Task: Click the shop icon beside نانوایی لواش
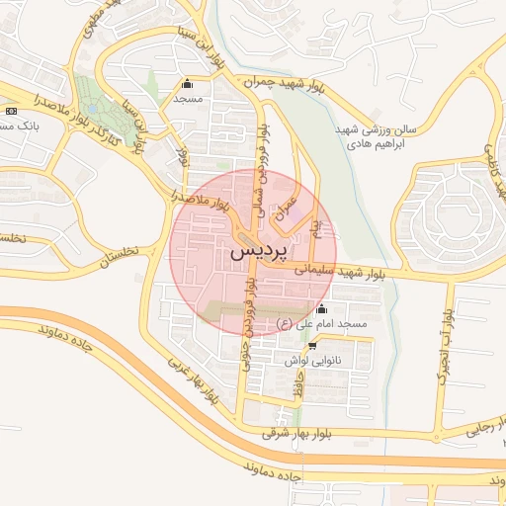coord(313,346)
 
